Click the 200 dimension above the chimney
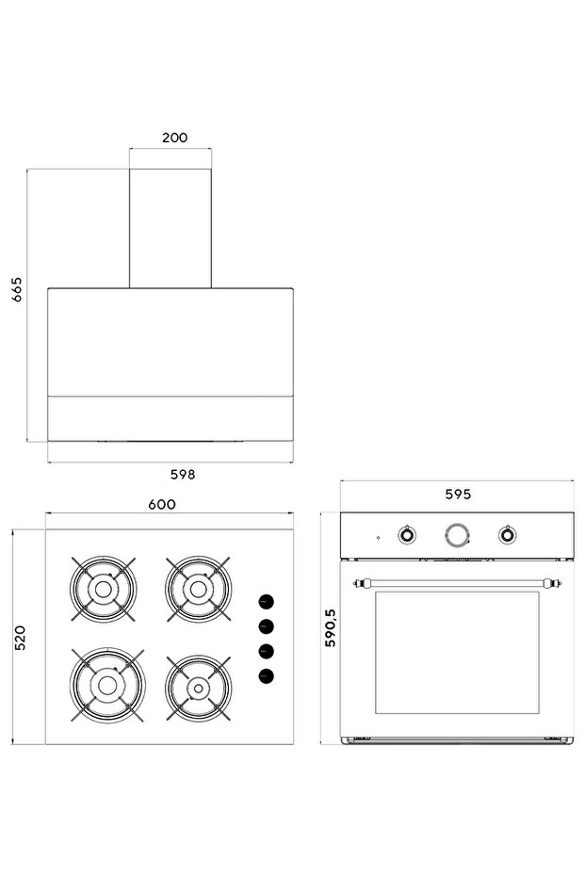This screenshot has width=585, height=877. pos(174,138)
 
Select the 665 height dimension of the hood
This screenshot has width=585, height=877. pos(17,289)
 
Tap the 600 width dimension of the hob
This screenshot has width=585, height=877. pos(162,504)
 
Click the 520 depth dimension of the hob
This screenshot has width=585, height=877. pos(19,637)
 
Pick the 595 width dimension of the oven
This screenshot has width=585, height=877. pos(458,494)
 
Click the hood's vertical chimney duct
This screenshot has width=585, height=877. pos(171,228)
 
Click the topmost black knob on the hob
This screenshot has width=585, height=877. pos(267,601)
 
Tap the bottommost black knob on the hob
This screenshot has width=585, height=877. pos(267,674)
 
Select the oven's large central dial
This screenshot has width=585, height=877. pos(456,535)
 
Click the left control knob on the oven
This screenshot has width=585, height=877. pos(406,535)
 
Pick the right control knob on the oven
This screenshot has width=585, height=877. pos(508,535)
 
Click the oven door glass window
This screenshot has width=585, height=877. pos(457,652)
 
